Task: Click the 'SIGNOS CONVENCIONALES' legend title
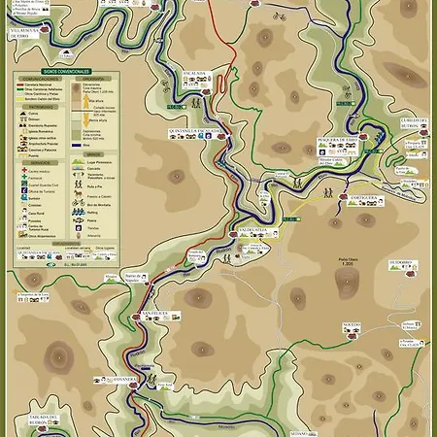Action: coord(66,71)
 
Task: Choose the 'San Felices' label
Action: coord(154,313)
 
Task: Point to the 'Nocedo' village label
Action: coord(352,325)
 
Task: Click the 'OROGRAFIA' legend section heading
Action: coord(94,78)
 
